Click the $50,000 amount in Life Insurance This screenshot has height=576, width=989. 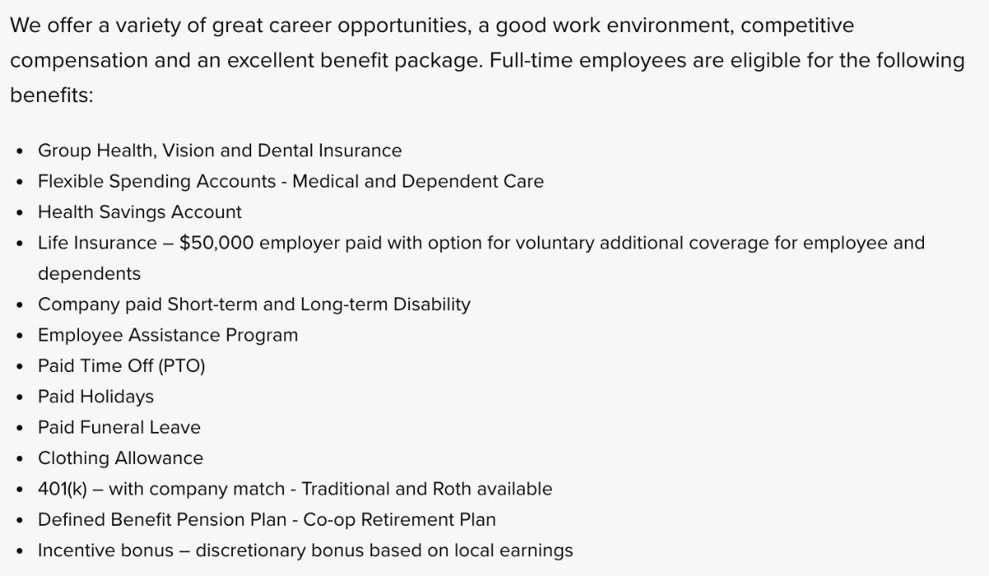(216, 243)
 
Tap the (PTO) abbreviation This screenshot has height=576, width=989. (181, 365)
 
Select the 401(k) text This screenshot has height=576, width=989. (63, 489)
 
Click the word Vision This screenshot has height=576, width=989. (188, 151)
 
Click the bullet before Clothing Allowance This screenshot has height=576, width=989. (20, 458)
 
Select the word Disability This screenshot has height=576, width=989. (432, 304)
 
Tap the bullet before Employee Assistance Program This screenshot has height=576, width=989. (20, 336)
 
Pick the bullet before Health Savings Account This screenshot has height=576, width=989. (20, 212)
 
